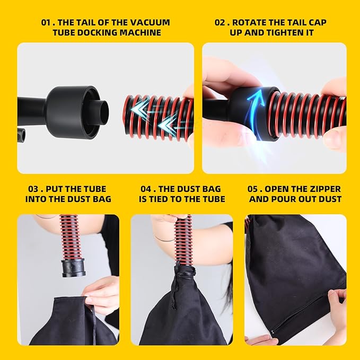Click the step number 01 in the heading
[x=46, y=22]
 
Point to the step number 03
[x=33, y=189]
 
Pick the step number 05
[x=252, y=189]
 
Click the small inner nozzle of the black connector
[x=103, y=112]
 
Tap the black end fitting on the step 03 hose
[x=73, y=267]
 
